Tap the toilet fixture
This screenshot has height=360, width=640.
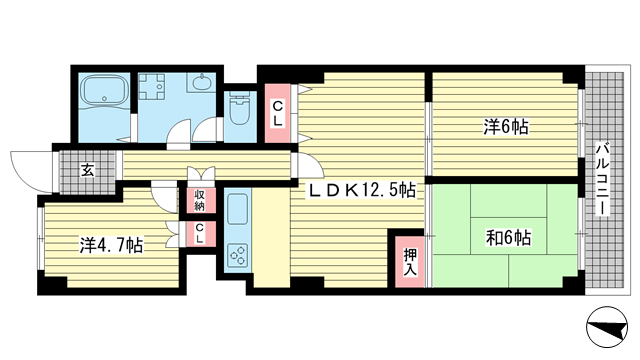[240, 108]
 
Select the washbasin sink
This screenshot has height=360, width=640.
[201, 83]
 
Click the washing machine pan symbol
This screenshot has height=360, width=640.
[152, 87]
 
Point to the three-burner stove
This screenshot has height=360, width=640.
[237, 255]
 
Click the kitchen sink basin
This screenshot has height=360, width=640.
[237, 209]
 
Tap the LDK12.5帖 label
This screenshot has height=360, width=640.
[362, 190]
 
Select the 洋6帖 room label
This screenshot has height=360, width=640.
[506, 127]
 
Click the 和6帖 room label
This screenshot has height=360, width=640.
[508, 237]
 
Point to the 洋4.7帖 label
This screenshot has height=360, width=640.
[111, 245]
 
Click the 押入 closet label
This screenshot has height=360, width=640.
[410, 262]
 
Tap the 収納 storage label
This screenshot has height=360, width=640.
[199, 200]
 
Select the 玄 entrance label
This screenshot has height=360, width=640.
[87, 170]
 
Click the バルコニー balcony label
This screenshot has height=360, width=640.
[602, 178]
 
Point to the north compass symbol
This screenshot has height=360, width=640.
[607, 327]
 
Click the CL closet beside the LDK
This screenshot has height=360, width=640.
[277, 113]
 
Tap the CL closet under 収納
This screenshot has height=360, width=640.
[200, 233]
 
